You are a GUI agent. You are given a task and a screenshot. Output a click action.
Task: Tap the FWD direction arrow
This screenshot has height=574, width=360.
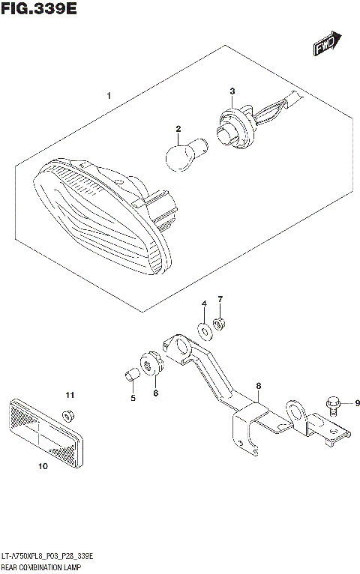(326, 44)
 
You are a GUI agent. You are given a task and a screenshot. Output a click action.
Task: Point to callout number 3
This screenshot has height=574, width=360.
(232, 92)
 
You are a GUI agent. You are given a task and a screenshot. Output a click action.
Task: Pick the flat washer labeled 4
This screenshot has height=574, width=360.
(204, 328)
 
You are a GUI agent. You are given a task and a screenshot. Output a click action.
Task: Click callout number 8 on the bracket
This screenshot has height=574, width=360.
(258, 387)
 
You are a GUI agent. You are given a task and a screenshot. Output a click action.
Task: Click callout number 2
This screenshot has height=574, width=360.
(178, 129)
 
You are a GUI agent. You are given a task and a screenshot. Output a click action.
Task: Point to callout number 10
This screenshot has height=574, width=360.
(42, 467)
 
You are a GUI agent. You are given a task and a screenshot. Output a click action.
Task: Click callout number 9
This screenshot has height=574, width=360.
(357, 403)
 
